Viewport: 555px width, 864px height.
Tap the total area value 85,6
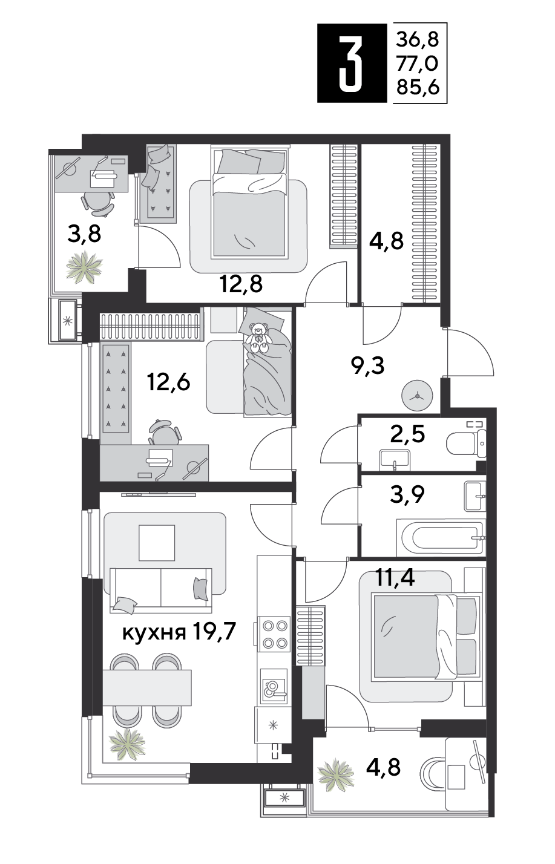pyautogui.click(x=418, y=88)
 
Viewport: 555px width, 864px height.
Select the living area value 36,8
pyautogui.click(x=418, y=39)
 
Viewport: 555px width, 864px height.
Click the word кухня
pyautogui.click(x=154, y=633)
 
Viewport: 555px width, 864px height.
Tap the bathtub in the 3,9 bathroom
pyautogui.click(x=439, y=537)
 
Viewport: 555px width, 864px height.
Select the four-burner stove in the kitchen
pyautogui.click(x=274, y=633)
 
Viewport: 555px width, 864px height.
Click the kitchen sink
pyautogui.click(x=274, y=685)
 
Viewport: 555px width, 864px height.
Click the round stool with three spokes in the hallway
pyautogui.click(x=417, y=396)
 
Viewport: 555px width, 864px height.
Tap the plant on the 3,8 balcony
pyautogui.click(x=84, y=266)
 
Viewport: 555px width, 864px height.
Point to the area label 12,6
pyautogui.click(x=168, y=382)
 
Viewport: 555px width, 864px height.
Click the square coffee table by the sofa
pyautogui.click(x=157, y=543)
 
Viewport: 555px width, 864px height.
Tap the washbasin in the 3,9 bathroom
pyautogui.click(x=475, y=496)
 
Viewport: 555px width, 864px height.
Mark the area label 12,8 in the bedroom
pyautogui.click(x=241, y=284)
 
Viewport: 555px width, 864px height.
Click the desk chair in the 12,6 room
pyautogui.click(x=165, y=432)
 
